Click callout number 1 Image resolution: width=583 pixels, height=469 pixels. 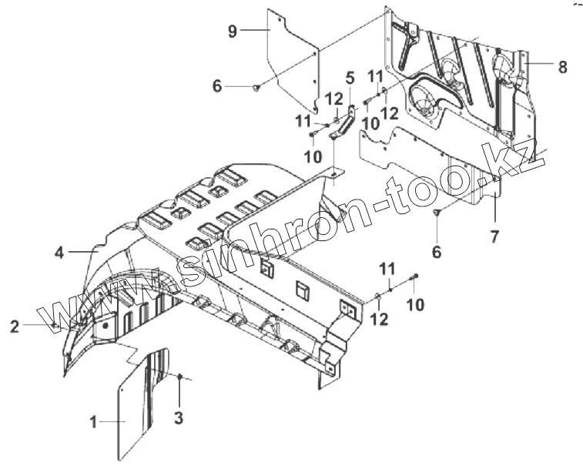point(93,421)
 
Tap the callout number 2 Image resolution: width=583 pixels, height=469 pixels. point(15,327)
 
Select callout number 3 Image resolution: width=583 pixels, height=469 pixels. point(179,419)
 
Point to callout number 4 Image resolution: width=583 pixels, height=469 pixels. point(59,251)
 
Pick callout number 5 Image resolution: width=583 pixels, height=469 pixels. point(350,78)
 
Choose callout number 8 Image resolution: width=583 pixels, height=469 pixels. point(562,66)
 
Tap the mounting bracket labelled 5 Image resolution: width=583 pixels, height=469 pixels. point(343,123)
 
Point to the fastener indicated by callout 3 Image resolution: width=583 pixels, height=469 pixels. point(179,377)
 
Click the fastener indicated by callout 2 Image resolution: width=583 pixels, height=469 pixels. point(55,327)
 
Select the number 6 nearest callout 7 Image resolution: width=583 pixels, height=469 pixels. point(437,250)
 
